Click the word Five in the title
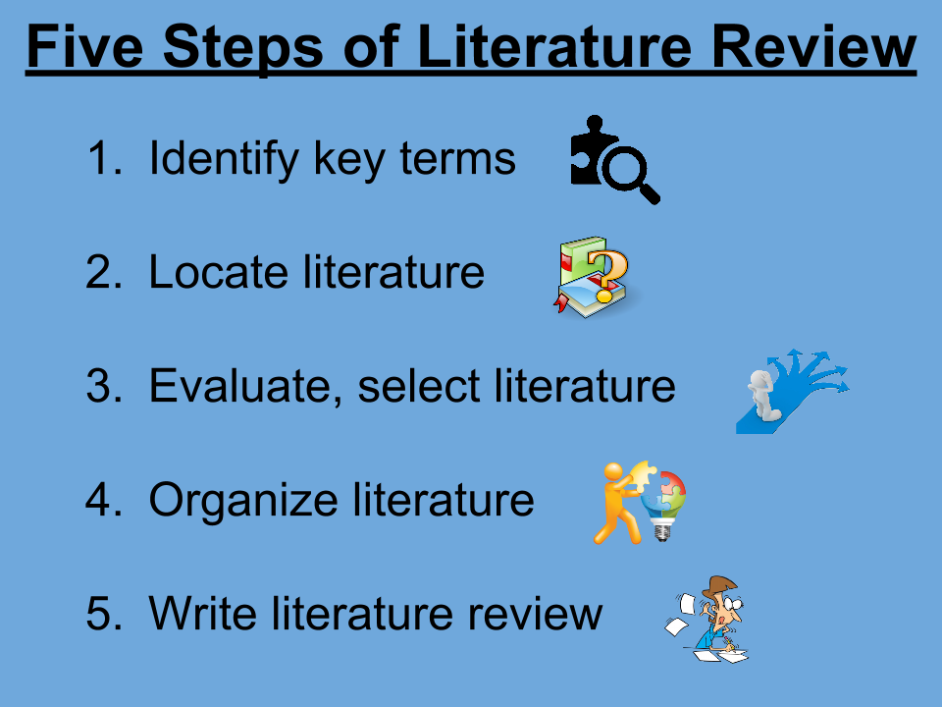(x=85, y=46)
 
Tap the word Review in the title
(x=813, y=46)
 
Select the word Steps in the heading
(x=243, y=47)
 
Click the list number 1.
(x=103, y=158)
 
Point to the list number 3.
(x=103, y=385)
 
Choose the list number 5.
(x=103, y=613)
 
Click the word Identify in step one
(x=224, y=159)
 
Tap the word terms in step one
(x=458, y=159)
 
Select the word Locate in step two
(x=218, y=272)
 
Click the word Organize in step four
(x=243, y=500)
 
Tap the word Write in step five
(x=203, y=613)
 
